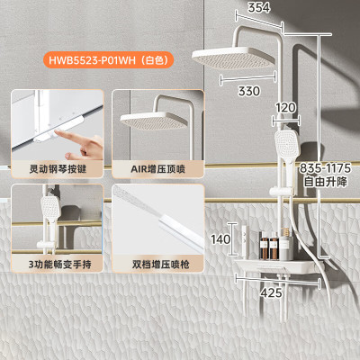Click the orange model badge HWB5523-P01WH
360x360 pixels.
click(x=109, y=60)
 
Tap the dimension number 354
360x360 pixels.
click(x=258, y=8)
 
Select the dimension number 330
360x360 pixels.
click(x=249, y=91)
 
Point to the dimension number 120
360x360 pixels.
click(x=285, y=108)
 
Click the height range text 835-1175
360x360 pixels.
click(x=325, y=168)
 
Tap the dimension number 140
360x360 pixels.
click(x=220, y=239)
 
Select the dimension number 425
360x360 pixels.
click(x=271, y=292)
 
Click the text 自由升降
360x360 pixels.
click(x=325, y=182)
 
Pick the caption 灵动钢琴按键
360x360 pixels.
click(x=58, y=169)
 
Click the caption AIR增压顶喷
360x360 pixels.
click(x=157, y=169)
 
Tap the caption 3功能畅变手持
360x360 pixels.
click(x=60, y=265)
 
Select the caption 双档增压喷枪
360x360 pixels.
click(x=161, y=265)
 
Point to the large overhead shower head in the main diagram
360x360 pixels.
click(x=233, y=58)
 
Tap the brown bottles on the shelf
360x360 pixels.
click(x=269, y=246)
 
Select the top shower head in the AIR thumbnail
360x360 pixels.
click(x=154, y=121)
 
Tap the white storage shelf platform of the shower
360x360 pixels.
click(x=277, y=265)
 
